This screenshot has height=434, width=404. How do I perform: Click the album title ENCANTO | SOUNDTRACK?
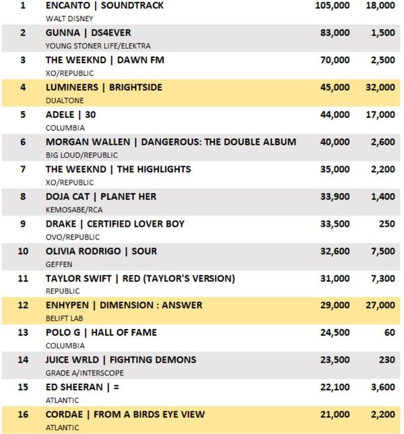pyautogui.click(x=104, y=5)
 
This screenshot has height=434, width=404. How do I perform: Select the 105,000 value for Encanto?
pyautogui.click(x=332, y=5)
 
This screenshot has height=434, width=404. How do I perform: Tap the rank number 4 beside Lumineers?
pyautogui.click(x=23, y=87)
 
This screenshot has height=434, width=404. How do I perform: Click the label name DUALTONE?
pyautogui.click(x=65, y=100)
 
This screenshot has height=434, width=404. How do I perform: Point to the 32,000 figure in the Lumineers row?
pyautogui.click(x=380, y=87)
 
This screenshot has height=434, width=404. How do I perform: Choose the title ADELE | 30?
pyautogui.click(x=71, y=114)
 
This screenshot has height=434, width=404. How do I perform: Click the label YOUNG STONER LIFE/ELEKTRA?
pyautogui.click(x=98, y=46)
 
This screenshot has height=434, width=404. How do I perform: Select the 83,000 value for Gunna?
pyautogui.click(x=335, y=33)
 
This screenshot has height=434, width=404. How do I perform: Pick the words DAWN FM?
pyautogui.click(x=141, y=60)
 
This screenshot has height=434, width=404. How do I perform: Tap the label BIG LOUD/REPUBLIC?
pyautogui.click(x=81, y=155)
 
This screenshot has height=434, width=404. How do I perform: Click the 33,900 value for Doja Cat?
pyautogui.click(x=335, y=196)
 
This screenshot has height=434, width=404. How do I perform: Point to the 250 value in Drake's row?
pyautogui.click(x=387, y=224)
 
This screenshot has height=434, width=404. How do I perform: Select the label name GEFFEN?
pyautogui.click(x=59, y=264)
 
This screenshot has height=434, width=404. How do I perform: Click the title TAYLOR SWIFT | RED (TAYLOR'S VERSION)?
pyautogui.click(x=140, y=279)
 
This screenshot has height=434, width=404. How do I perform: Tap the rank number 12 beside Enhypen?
pyautogui.click(x=23, y=305)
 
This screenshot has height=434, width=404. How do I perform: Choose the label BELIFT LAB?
pyautogui.click(x=64, y=318)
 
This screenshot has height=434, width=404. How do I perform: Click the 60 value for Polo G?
pyautogui.click(x=390, y=332)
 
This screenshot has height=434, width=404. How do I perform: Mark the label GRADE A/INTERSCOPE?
pyautogui.click(x=84, y=373)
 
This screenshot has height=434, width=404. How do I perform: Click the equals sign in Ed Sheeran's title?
pyautogui.click(x=116, y=387)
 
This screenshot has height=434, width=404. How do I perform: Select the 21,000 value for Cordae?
pyautogui.click(x=335, y=414)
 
